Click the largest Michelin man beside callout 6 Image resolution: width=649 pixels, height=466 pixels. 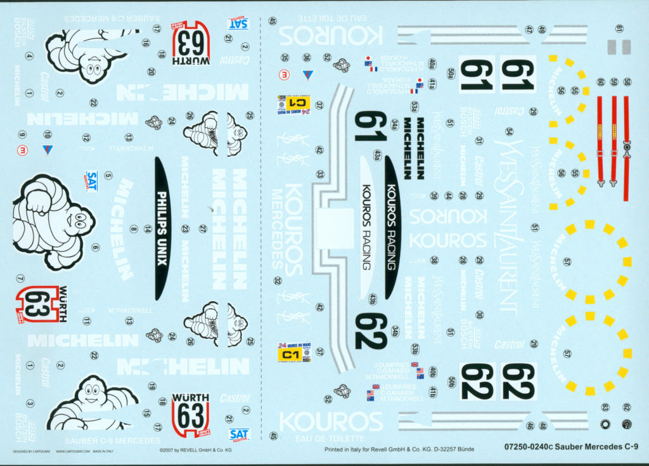click(51, 222)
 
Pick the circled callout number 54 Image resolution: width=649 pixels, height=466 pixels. click(509, 131)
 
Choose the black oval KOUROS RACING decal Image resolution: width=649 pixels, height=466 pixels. click(392, 228)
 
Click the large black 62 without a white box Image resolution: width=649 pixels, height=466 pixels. click(371, 332)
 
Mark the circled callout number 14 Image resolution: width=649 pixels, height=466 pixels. click(148, 229)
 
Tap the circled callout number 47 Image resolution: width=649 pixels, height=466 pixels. click(529, 29)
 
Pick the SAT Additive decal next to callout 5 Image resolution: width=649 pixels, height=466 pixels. click(93, 180)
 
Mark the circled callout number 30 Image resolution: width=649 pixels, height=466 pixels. click(479, 314)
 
